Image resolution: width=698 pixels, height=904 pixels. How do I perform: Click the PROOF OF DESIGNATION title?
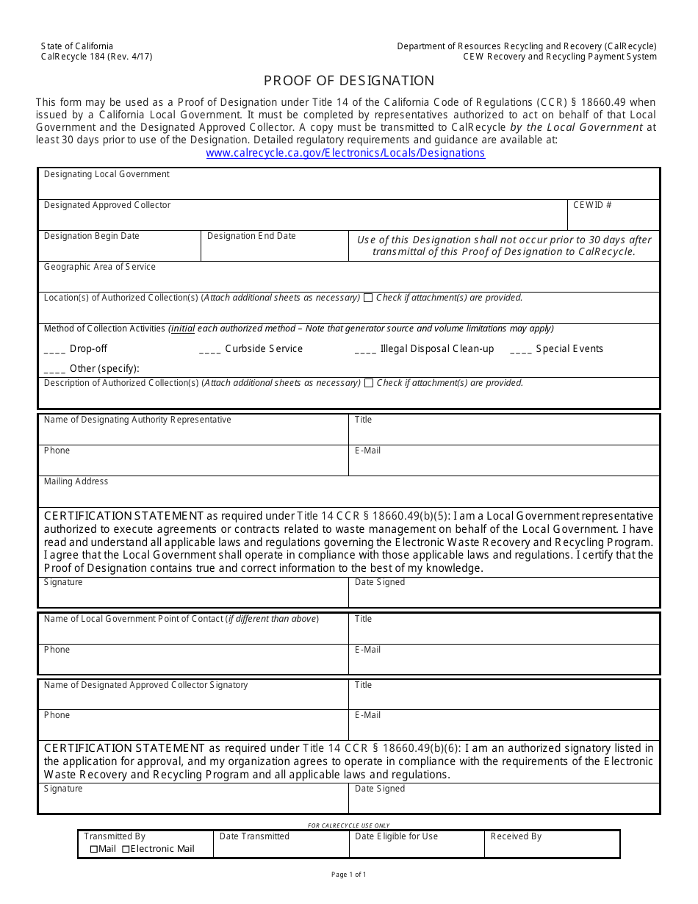349,81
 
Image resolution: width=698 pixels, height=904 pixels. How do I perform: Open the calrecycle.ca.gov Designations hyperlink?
345,153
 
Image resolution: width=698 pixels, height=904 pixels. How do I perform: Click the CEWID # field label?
592,205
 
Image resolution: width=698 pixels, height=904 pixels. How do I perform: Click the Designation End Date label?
251,236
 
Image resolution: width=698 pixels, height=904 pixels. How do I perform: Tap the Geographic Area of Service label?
99,267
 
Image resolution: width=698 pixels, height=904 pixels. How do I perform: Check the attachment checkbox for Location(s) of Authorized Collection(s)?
368,298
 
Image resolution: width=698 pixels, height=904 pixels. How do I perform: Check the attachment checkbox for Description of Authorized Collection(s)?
369,383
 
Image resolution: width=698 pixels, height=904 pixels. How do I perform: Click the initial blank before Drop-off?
54,350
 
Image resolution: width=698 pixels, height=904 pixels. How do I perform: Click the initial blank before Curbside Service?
209,350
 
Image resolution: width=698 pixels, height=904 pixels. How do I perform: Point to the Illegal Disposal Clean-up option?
436,349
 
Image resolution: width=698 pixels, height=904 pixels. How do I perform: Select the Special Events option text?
569,349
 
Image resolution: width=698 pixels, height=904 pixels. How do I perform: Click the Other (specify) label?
104,368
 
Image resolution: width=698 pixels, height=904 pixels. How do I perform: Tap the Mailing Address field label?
76,481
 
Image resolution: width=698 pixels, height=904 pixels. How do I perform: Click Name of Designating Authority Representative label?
137,420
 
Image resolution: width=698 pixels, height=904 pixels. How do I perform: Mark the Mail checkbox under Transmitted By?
93,849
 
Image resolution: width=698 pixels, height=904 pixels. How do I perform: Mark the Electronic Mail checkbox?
126,849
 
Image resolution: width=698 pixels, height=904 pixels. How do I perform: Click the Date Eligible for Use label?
396,836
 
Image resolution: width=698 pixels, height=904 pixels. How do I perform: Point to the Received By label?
516,836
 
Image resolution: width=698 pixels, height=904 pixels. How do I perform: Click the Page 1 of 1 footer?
348,875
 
